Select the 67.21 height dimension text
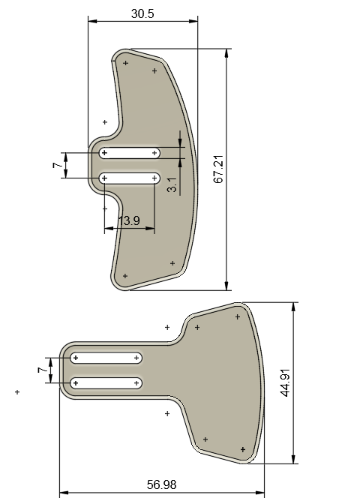[218, 169]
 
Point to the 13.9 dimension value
[129, 220]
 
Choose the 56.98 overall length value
[162, 485]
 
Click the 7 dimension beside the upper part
[57, 166]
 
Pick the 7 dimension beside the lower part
[41, 370]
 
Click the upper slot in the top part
[130, 153]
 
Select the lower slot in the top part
[130, 178]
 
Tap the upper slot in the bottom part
[106, 358]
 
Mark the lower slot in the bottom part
[106, 383]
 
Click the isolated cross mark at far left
[17, 391]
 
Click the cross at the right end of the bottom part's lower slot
[136, 383]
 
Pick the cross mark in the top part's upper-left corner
[125, 63]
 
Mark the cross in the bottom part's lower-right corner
[243, 449]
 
